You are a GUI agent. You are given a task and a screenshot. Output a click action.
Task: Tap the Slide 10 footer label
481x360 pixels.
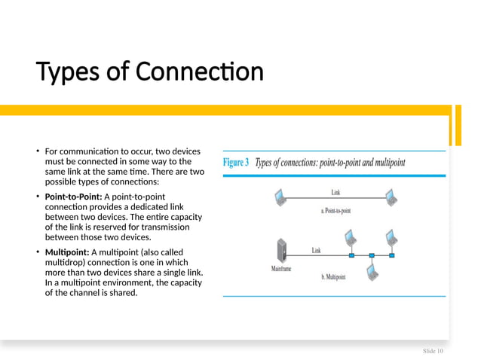[433, 351]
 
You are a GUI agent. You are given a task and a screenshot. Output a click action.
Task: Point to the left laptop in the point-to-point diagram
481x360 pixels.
[280, 198]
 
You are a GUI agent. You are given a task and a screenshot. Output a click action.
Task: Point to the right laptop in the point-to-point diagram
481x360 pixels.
[391, 198]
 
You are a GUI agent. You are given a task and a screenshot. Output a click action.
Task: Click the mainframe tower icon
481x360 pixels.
[282, 249]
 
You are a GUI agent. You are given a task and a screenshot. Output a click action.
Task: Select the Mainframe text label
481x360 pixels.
[281, 268]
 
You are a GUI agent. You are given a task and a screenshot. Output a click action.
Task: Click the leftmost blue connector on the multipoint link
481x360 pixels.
[351, 255]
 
